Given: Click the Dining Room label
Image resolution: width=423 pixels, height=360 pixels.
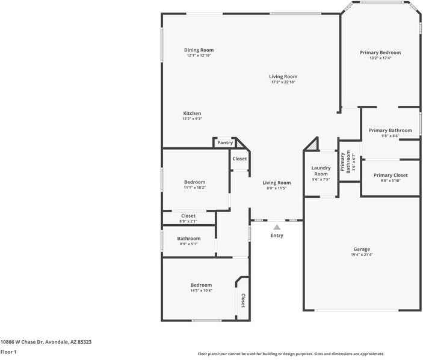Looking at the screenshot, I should coord(199,50).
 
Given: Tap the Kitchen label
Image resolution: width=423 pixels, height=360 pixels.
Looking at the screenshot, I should coord(192,113).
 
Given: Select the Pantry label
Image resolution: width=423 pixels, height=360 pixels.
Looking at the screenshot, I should coord(225,142).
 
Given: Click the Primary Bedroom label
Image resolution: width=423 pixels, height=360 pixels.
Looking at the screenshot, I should coord(380,52).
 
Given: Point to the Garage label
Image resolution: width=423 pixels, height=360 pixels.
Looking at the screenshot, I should coord(362,249).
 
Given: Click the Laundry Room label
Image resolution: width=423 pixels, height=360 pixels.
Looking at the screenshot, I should coord(321,171).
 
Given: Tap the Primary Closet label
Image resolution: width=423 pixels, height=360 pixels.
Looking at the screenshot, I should coord(391,175).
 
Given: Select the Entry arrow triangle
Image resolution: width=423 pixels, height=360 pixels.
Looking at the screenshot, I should coord(277,227).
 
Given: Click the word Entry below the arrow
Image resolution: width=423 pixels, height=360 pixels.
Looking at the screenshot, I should coord(277,235).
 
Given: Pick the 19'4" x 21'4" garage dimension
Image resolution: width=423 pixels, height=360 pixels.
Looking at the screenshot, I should coord(362,255).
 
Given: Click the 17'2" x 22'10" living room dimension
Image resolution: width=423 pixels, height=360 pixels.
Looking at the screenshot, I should coord(283,82).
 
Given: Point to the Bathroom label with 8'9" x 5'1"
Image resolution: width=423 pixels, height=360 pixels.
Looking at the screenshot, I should coord(189,239).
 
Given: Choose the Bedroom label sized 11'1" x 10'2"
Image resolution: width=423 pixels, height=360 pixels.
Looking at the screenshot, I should coord(194,182).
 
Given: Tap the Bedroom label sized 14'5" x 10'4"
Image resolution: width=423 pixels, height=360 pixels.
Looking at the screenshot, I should coord(201,285).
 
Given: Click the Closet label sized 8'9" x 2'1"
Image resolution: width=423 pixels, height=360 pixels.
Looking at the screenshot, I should coord(188,216).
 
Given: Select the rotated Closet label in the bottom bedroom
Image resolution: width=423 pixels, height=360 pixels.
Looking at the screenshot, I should coord(243,300).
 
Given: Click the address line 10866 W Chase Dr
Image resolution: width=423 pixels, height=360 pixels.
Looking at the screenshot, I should coord(46,341).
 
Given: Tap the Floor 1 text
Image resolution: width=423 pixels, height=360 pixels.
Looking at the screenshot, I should coord(8,352).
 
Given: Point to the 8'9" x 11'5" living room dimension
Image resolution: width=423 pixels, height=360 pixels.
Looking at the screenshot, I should coord(276,188).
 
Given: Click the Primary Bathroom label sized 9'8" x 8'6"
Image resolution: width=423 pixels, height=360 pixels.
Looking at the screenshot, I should coord(391,130).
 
